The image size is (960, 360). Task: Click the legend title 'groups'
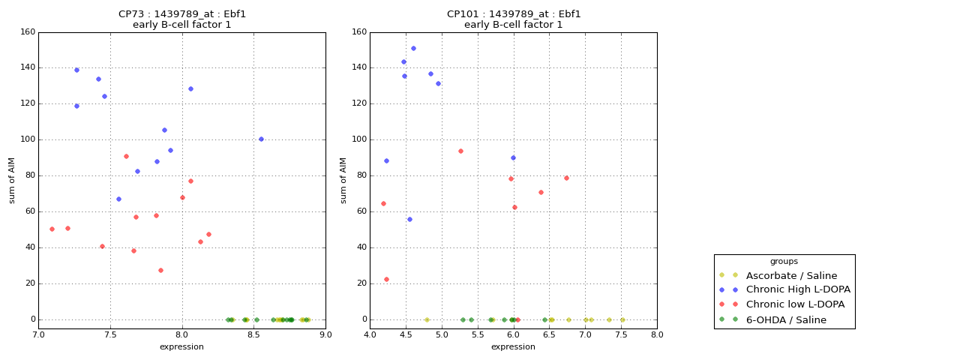click(x=784, y=262)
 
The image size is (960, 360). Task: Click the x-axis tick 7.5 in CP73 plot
click(x=110, y=335)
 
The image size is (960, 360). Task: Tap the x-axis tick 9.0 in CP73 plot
click(x=325, y=335)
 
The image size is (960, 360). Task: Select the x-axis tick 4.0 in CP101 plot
click(x=370, y=335)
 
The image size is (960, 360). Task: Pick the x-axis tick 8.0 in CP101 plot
click(x=656, y=335)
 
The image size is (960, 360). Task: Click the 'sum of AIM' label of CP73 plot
click(x=12, y=180)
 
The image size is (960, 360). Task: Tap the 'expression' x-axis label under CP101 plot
click(x=513, y=347)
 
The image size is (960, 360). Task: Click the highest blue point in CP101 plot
click(x=413, y=49)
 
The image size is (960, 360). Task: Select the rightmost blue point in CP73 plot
click(x=261, y=139)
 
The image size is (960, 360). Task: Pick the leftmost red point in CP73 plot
click(x=52, y=229)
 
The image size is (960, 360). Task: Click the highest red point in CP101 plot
click(x=460, y=151)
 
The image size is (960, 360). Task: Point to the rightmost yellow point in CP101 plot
click(x=622, y=319)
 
